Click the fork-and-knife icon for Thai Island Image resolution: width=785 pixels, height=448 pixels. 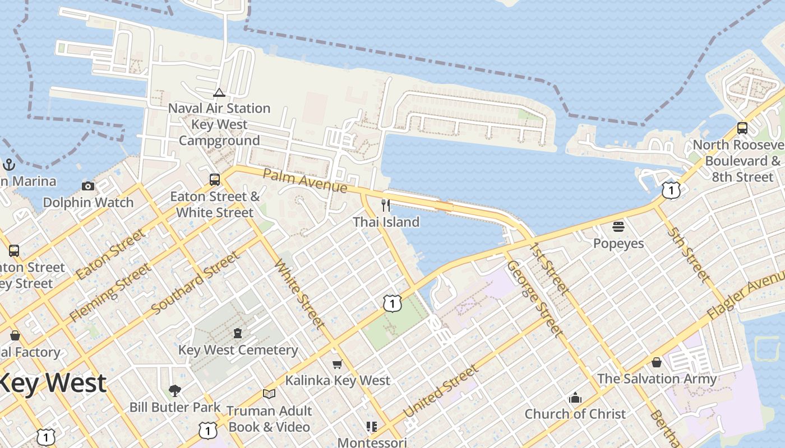[x=385, y=206]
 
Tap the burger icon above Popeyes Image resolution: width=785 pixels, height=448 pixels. [x=618, y=227]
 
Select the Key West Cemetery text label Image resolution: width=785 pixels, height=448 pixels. [x=238, y=350]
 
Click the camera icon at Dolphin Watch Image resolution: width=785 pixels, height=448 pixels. [x=88, y=186]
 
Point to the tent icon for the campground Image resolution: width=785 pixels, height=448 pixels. [x=219, y=92]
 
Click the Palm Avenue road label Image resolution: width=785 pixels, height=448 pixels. [x=304, y=180]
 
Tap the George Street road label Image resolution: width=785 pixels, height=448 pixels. [x=534, y=298]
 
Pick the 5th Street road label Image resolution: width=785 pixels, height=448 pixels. [x=688, y=254]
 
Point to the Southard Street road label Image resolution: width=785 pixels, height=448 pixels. [x=195, y=282]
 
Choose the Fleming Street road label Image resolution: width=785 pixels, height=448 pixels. [x=110, y=293]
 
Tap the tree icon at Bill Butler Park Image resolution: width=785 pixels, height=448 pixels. [x=175, y=390]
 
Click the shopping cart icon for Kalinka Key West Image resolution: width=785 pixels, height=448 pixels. [x=337, y=365]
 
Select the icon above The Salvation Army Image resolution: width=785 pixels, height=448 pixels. [x=656, y=362]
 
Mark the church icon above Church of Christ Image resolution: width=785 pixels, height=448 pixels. [x=575, y=398]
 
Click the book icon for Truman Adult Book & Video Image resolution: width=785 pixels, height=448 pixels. [x=269, y=394]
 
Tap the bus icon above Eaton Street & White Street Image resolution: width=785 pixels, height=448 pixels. [x=215, y=180]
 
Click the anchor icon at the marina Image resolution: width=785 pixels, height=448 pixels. [x=8, y=165]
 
